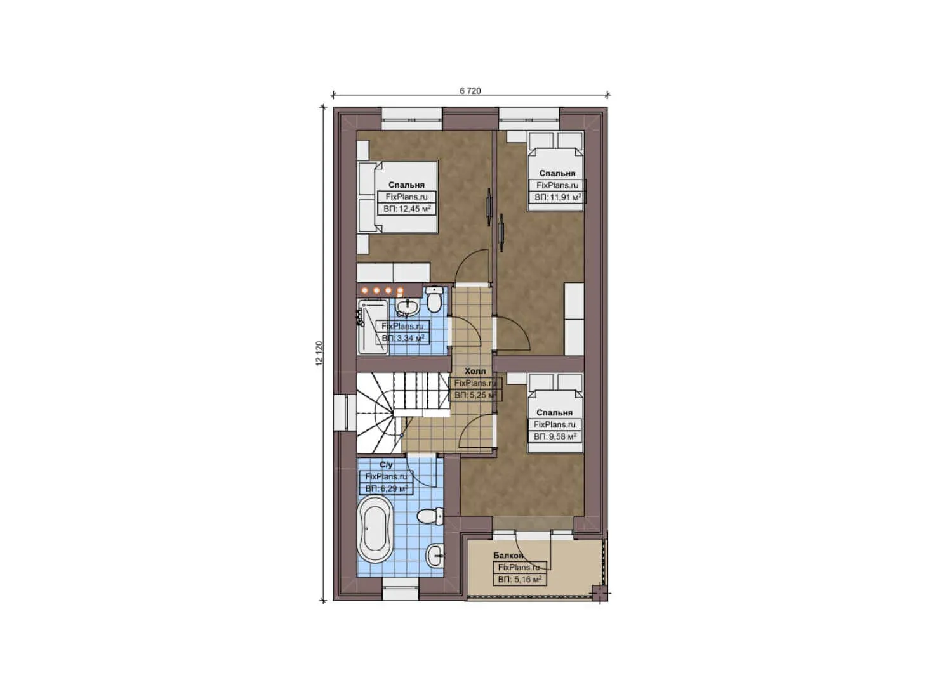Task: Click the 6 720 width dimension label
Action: pyautogui.click(x=470, y=91)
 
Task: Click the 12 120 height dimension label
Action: pyautogui.click(x=319, y=353)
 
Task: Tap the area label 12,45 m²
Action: pyautogui.click(x=407, y=209)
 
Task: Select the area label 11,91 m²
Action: pyautogui.click(x=557, y=197)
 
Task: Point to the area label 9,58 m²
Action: pyautogui.click(x=554, y=437)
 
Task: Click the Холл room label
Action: pyautogui.click(x=475, y=371)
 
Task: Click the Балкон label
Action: pyautogui.click(x=508, y=556)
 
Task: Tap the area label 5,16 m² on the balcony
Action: pyautogui.click(x=519, y=580)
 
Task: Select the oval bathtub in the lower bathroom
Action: pyautogui.click(x=376, y=530)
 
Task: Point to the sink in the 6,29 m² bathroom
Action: pyautogui.click(x=435, y=556)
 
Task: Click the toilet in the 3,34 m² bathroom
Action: pyautogui.click(x=435, y=299)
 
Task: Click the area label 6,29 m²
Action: pyautogui.click(x=387, y=489)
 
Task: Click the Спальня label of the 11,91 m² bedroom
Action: pyautogui.click(x=557, y=173)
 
